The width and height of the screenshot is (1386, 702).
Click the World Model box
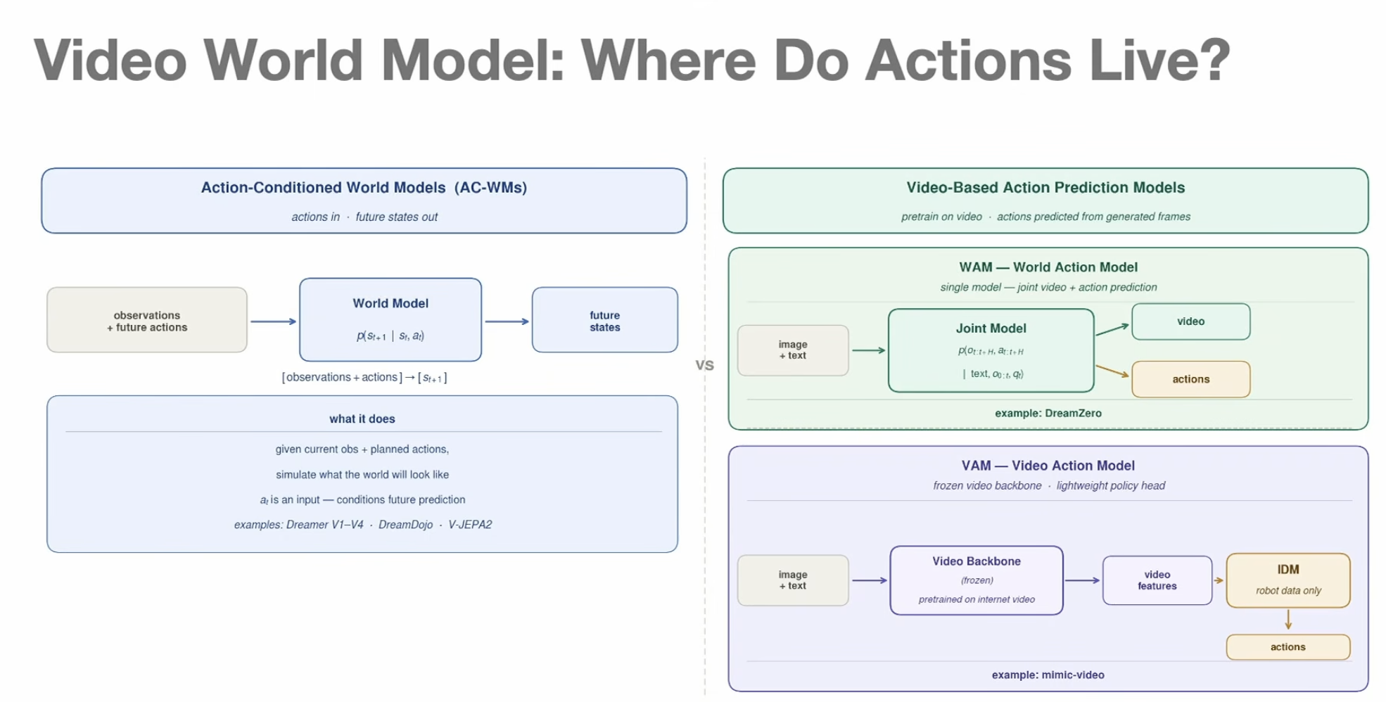coord(390,319)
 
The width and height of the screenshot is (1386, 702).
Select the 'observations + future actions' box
coord(147,320)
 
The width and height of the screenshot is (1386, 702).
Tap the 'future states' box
coord(605,320)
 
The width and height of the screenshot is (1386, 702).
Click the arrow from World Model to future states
coord(507,321)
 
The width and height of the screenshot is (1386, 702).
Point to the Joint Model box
coord(991,350)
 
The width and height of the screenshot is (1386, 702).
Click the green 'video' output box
coord(1191,321)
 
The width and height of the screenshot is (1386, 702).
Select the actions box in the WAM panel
coord(1191,379)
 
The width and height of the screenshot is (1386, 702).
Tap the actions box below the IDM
coord(1288,647)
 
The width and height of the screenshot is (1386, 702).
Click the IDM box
coord(1288,580)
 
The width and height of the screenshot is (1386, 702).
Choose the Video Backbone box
coord(977,580)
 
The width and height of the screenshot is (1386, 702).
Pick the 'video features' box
coord(1157,580)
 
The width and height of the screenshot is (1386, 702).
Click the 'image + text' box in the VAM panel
coord(793,580)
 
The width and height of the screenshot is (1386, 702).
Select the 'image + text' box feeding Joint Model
coord(793,350)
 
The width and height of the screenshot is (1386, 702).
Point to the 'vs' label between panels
coord(704,365)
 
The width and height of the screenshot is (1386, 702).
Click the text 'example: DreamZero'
coord(1048,413)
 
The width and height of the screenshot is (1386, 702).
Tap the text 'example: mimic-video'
coord(1048,675)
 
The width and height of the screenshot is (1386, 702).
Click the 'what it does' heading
coord(362,419)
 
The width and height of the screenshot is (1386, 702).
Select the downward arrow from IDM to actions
coord(1288,620)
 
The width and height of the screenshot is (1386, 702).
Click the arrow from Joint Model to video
coord(1112,329)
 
